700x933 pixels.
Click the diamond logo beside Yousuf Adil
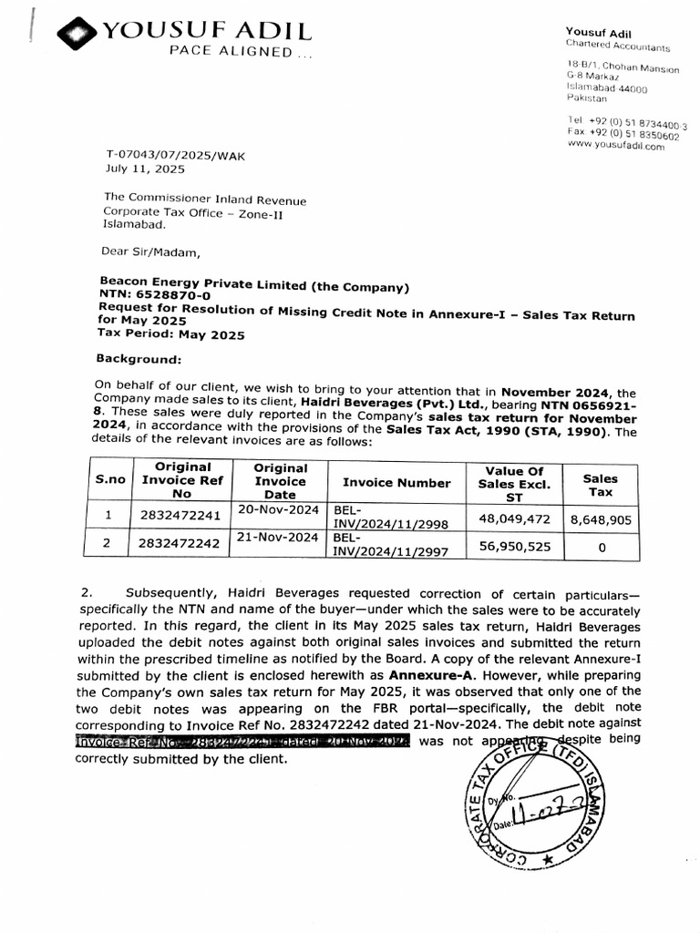pyautogui.click(x=77, y=34)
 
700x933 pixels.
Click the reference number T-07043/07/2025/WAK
pyautogui.click(x=176, y=156)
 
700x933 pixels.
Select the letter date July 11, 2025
pyautogui.click(x=145, y=169)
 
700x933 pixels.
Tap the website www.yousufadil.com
pyautogui.click(x=615, y=146)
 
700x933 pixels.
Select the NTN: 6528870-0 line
pyautogui.click(x=154, y=295)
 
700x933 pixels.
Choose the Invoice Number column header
pyautogui.click(x=396, y=483)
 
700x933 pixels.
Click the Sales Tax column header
pyautogui.click(x=600, y=485)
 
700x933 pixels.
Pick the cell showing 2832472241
pyautogui.click(x=181, y=516)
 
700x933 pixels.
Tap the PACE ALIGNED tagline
pyautogui.click(x=240, y=53)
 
